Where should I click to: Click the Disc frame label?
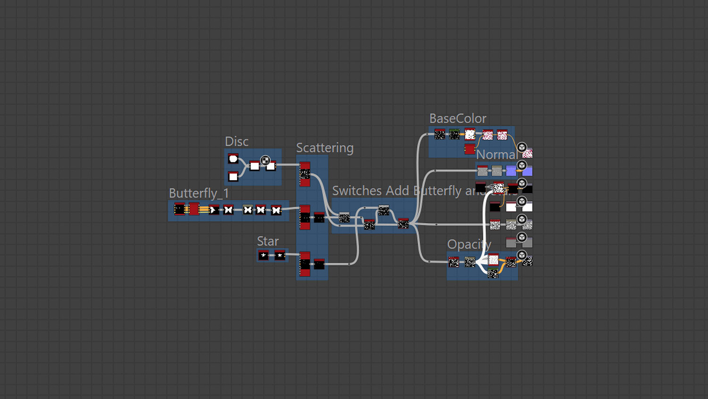236,142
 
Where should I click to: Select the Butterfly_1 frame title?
199,193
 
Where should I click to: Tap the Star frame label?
268,242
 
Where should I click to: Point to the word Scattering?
325,148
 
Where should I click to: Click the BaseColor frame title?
457,119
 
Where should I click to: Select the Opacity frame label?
469,244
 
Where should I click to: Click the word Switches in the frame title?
357,191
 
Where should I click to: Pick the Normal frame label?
496,155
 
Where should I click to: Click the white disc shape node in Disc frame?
233,159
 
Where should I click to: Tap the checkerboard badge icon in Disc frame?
265,160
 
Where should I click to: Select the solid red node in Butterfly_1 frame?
194,208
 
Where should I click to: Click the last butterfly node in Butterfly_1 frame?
276,210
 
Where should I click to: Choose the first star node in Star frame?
263,256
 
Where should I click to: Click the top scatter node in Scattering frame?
305,174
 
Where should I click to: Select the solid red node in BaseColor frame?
470,149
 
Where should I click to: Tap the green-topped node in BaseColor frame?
454,135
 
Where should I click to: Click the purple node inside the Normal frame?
511,171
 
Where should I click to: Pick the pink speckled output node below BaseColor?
527,154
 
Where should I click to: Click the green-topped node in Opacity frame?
493,273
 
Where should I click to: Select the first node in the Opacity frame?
454,261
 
